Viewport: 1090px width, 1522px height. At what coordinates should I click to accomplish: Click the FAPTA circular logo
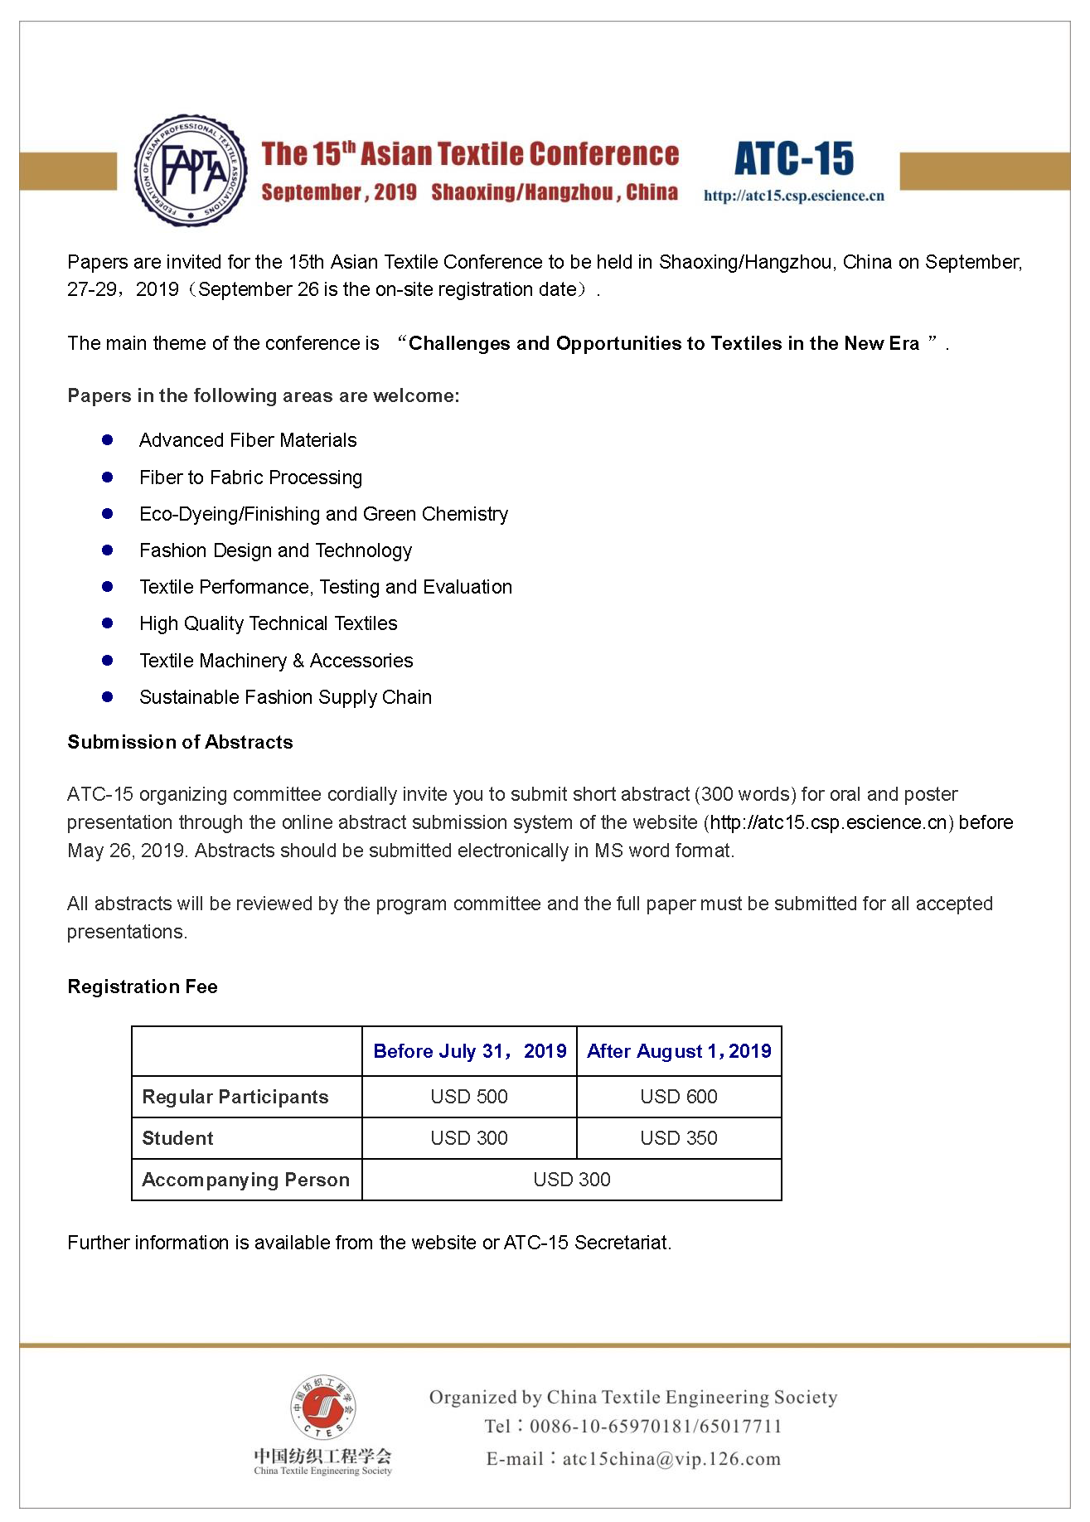pyautogui.click(x=191, y=171)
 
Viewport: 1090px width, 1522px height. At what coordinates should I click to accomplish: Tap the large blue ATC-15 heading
pyautogui.click(x=793, y=159)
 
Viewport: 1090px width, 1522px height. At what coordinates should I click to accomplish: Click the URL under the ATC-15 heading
pyautogui.click(x=793, y=196)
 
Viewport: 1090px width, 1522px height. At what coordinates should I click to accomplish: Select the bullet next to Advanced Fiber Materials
pyautogui.click(x=107, y=440)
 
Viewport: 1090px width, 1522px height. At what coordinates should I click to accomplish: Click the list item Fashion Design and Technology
pyautogui.click(x=275, y=550)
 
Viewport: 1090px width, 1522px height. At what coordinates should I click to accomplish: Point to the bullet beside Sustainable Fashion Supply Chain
pyautogui.click(x=107, y=697)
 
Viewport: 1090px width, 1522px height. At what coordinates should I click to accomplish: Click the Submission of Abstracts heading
pyautogui.click(x=180, y=742)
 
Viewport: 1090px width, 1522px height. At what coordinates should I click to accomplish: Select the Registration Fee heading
pyautogui.click(x=143, y=986)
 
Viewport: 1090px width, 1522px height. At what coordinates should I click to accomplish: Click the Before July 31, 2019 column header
pyautogui.click(x=469, y=1051)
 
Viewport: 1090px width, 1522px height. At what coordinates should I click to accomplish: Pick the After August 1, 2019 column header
pyautogui.click(x=679, y=1051)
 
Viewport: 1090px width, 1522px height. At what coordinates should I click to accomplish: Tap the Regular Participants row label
pyautogui.click(x=235, y=1097)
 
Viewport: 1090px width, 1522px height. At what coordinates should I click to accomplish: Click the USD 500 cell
pyautogui.click(x=469, y=1097)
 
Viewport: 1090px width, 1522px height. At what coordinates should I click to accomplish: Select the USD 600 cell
pyautogui.click(x=679, y=1097)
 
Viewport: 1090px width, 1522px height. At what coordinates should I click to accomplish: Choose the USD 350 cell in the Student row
pyautogui.click(x=679, y=1138)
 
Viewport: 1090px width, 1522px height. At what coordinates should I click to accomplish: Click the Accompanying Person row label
pyautogui.click(x=245, y=1180)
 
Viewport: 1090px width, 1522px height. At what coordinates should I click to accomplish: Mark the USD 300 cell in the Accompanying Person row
pyautogui.click(x=572, y=1180)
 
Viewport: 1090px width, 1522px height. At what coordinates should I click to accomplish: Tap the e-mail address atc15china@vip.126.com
pyautogui.click(x=671, y=1459)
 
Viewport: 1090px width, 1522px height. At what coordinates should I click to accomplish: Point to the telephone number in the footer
pyautogui.click(x=656, y=1427)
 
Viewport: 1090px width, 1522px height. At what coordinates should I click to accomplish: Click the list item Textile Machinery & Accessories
pyautogui.click(x=276, y=661)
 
